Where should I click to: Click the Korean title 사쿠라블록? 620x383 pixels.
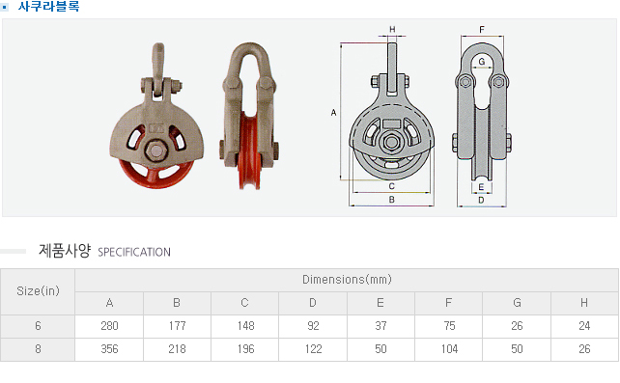point(48,7)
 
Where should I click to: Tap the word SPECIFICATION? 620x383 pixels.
point(134,252)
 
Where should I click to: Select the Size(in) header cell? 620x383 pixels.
point(38,291)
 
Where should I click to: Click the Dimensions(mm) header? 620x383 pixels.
point(347,280)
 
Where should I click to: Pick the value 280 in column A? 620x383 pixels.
point(109,326)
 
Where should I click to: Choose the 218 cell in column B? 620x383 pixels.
point(177,349)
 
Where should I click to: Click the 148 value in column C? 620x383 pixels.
point(245,326)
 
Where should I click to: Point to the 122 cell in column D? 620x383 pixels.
point(313,349)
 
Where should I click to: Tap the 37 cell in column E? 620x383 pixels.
point(380,326)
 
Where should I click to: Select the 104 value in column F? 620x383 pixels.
point(449,349)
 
